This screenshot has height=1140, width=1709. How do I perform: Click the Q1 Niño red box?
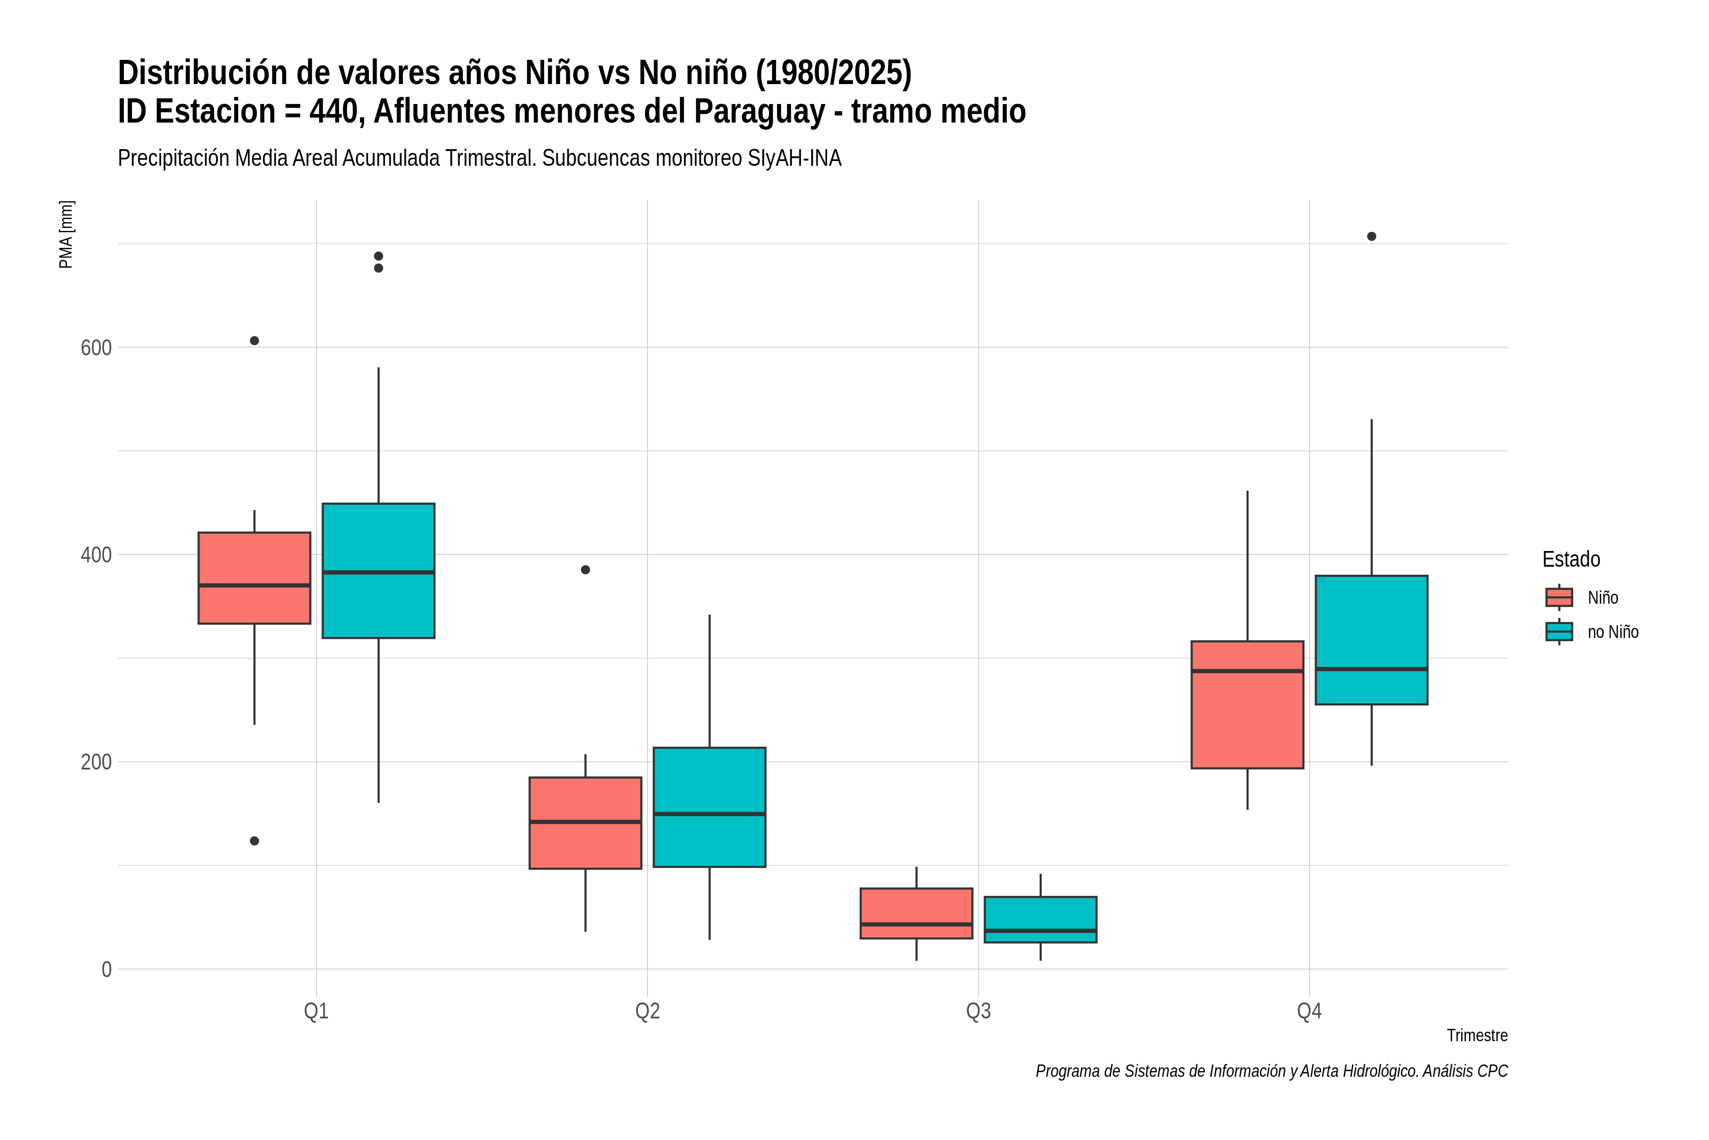[x=254, y=578]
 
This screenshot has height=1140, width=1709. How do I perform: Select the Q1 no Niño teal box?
[x=378, y=571]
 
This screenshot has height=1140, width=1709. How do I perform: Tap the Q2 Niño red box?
[x=586, y=823]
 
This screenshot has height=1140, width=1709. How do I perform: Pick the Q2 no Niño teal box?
[x=709, y=807]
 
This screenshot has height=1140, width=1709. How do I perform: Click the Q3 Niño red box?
[x=916, y=913]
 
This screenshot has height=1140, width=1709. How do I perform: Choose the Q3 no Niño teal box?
[x=1041, y=920]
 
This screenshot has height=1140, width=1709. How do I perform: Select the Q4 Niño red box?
[x=1248, y=704]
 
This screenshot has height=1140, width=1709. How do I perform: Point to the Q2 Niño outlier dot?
[x=586, y=570]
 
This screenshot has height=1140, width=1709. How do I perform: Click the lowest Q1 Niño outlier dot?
[x=254, y=841]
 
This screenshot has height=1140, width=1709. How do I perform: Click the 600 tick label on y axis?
[x=96, y=348]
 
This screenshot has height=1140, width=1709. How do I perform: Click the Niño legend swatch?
[x=1559, y=598]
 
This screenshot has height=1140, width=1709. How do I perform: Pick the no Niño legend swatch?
[x=1559, y=632]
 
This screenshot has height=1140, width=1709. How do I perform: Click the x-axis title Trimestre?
[x=1477, y=1035]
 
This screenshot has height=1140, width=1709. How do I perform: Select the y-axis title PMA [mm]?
[x=66, y=234]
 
